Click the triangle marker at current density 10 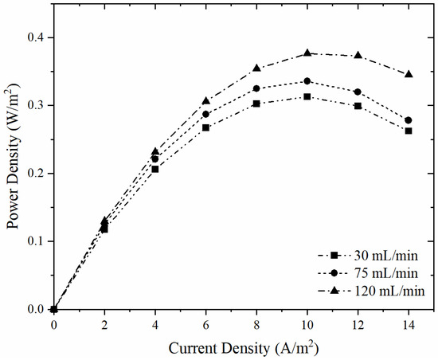coord(307,53)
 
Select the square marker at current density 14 coord(409,131)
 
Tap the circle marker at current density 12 coord(358,92)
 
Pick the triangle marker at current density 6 coord(205,100)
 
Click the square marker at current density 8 coord(256,104)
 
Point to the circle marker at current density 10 coord(307,81)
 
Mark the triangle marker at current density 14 coord(409,74)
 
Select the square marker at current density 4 coord(155,169)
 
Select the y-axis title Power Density coord(14,173)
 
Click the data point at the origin coord(53,309)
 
